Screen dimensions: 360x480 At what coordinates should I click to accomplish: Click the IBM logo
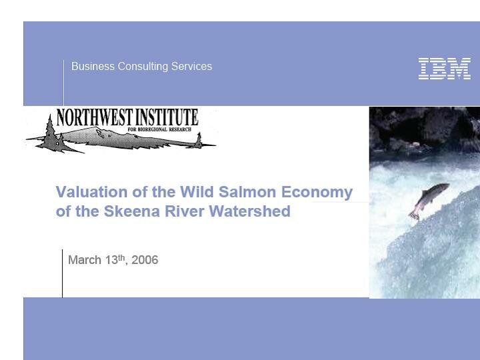(x=445, y=69)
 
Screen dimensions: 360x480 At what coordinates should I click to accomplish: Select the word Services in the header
(x=193, y=67)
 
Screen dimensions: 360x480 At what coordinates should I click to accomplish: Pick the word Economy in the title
(x=317, y=193)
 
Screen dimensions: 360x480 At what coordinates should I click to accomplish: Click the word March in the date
(x=85, y=260)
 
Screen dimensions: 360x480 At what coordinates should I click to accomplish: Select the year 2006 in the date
(x=145, y=260)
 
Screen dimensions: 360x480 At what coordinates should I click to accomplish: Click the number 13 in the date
(x=111, y=260)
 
